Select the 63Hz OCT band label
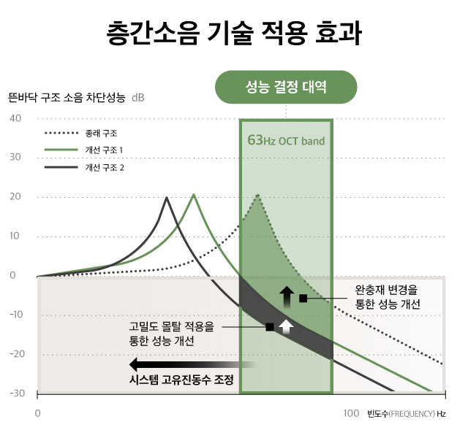[x=286, y=140]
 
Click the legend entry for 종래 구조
[x=100, y=134]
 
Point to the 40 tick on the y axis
[x=16, y=119]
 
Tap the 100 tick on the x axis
[x=351, y=414]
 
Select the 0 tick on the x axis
[x=37, y=414]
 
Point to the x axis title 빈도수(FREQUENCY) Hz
[x=406, y=414]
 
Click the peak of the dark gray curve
[x=167, y=198]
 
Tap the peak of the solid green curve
[x=194, y=195]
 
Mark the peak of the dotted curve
[x=257, y=196]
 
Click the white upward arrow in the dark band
[x=287, y=326]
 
